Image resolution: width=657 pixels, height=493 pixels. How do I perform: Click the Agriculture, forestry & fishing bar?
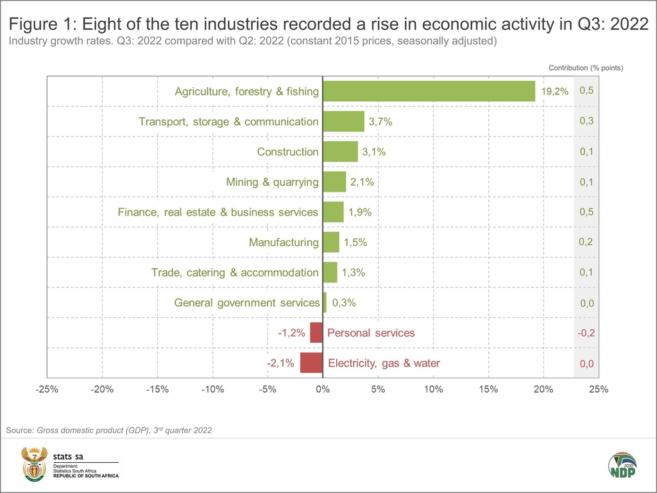[429, 91]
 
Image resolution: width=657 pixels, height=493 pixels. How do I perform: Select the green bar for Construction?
[340, 151]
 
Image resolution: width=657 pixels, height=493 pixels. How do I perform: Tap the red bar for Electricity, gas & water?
[311, 363]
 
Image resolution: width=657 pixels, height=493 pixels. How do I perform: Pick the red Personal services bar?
[316, 333]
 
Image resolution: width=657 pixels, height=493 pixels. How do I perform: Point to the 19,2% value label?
[554, 91]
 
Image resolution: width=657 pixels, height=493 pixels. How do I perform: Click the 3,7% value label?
[380, 121]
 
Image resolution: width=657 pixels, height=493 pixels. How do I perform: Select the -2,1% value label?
[281, 363]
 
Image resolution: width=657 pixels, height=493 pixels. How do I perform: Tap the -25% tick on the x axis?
[47, 389]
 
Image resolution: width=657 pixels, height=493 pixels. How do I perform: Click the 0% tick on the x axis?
[323, 389]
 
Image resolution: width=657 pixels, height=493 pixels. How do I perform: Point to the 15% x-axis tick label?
[488, 389]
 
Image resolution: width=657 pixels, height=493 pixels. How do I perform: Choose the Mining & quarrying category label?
[272, 182]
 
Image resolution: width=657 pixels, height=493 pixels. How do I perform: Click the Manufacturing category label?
[284, 243]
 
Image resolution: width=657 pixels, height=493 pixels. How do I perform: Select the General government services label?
[247, 302]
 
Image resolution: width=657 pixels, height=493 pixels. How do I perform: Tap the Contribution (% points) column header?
[586, 67]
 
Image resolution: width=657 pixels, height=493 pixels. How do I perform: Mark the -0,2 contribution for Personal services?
[586, 333]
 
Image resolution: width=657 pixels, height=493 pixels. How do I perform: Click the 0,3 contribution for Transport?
[586, 121]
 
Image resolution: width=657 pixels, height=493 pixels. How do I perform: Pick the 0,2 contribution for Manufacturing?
[586, 242]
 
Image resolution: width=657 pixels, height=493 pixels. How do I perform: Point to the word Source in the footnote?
[19, 430]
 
